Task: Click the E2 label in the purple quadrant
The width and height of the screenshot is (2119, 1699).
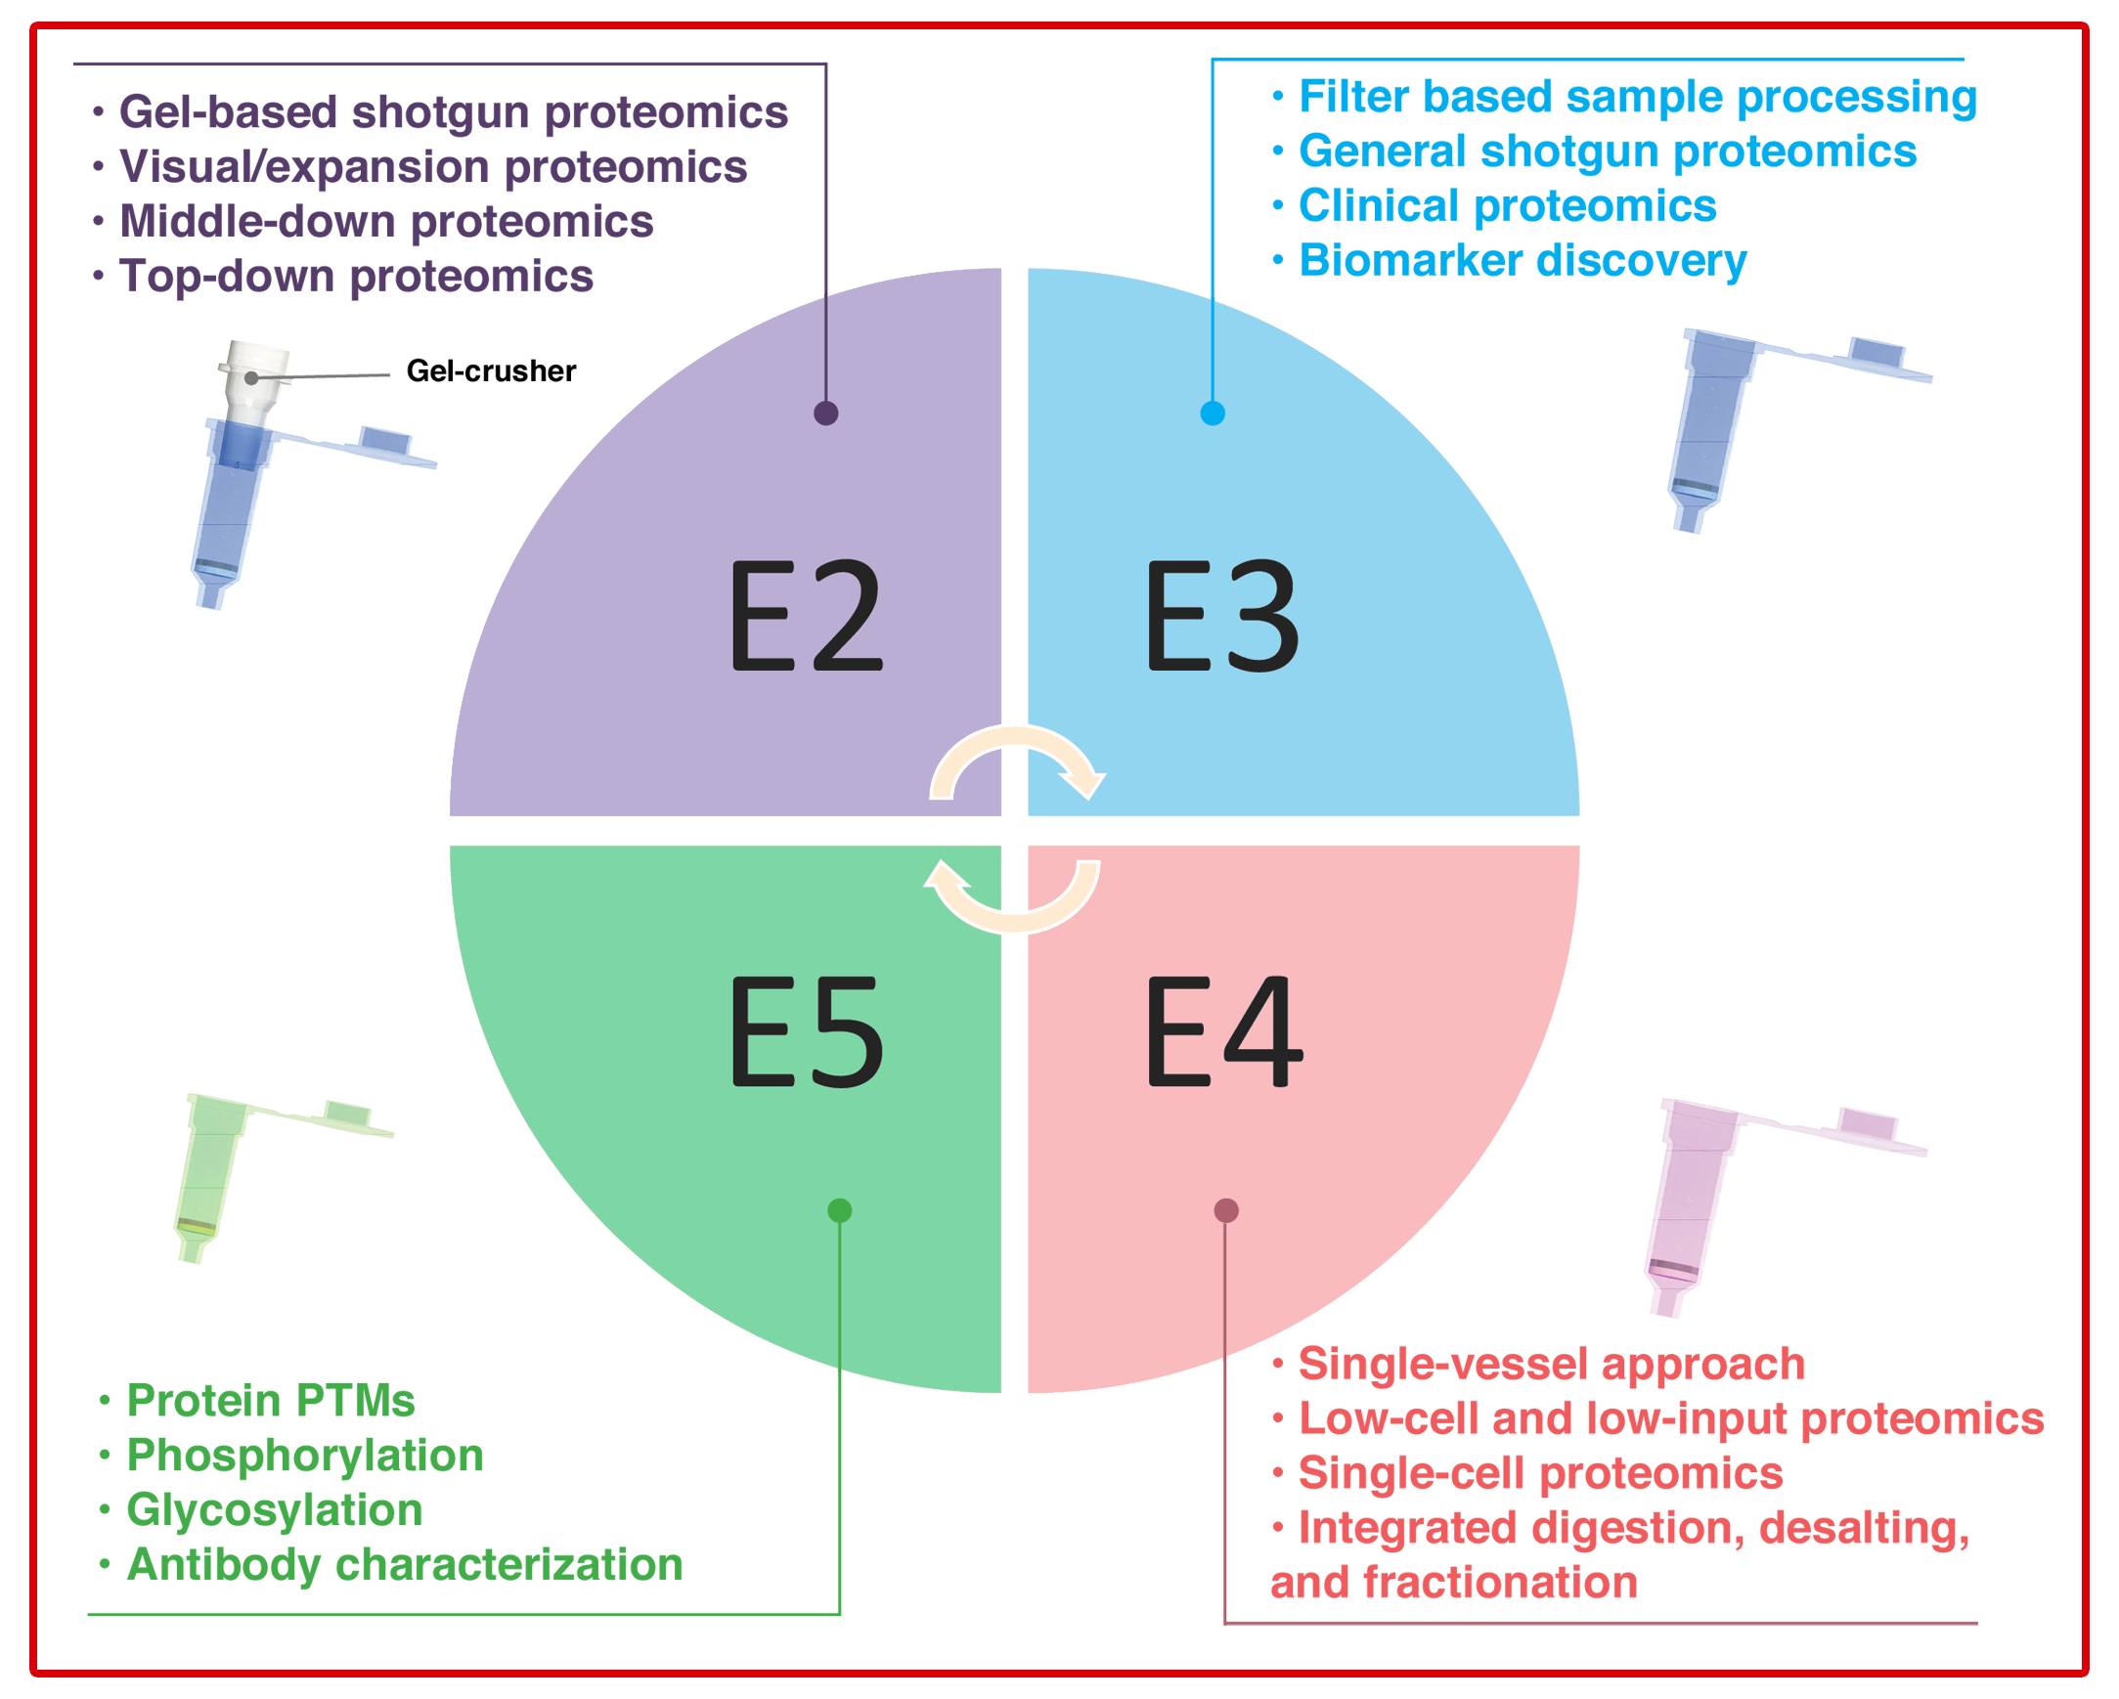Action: point(806,615)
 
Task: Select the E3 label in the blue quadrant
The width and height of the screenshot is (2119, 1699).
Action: point(1222,615)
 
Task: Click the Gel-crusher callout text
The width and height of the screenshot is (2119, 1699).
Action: point(491,370)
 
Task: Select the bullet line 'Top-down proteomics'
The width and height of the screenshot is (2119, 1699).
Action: point(356,276)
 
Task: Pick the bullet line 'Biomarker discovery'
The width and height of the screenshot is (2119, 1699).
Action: point(1523,260)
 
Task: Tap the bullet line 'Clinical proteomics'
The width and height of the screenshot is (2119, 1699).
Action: point(1507,205)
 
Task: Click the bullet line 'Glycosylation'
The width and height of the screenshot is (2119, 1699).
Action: point(274,1509)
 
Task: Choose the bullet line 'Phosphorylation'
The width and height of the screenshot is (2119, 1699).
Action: point(305,1455)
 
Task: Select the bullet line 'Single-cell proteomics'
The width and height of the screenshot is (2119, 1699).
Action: point(1540,1472)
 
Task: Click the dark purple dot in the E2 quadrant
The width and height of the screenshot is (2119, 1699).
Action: point(826,413)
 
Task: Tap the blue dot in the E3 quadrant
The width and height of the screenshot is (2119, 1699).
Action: point(1213,413)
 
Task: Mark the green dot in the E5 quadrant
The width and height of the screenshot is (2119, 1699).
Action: point(839,1210)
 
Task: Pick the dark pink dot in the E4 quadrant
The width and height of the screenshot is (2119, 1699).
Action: point(1225,1210)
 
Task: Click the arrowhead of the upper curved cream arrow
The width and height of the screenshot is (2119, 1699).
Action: point(1085,784)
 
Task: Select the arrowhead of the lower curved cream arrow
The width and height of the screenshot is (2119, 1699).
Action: point(945,877)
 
